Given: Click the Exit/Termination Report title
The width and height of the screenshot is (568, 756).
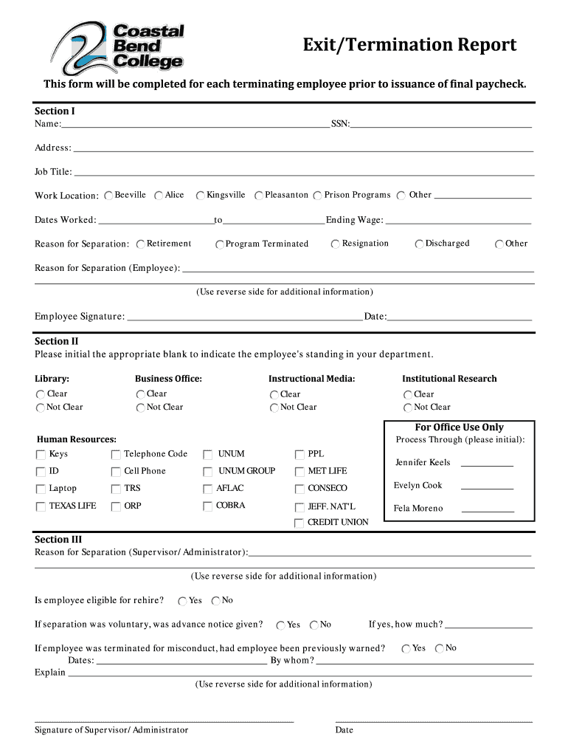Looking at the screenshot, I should pyautogui.click(x=410, y=46).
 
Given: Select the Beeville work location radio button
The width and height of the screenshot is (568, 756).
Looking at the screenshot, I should pyautogui.click(x=109, y=196).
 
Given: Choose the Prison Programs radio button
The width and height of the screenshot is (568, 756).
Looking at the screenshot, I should pyautogui.click(x=317, y=196).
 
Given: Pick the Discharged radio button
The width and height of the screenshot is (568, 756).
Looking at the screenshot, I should pyautogui.click(x=419, y=244).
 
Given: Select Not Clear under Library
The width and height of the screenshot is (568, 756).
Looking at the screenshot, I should pyautogui.click(x=40, y=408).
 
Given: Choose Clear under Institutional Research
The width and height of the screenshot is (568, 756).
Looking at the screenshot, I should pyautogui.click(x=407, y=395).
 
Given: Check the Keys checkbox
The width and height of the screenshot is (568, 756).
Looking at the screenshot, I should pyautogui.click(x=40, y=455).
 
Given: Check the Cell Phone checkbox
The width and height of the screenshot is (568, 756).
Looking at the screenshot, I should pyautogui.click(x=116, y=472).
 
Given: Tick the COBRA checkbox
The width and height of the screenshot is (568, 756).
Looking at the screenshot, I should pyautogui.click(x=207, y=506).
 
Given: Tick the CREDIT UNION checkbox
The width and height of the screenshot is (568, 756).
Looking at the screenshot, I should pyautogui.click(x=299, y=523).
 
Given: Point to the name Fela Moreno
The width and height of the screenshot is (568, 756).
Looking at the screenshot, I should pyautogui.click(x=418, y=509).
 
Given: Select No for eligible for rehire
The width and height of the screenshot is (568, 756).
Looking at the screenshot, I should pyautogui.click(x=216, y=601).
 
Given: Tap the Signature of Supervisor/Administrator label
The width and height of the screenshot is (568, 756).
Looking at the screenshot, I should pyautogui.click(x=111, y=730).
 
